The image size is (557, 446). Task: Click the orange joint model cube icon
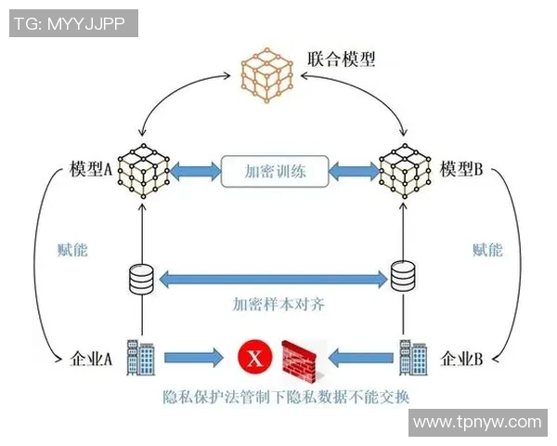coord(268,74)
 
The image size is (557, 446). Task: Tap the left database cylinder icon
coord(141,278)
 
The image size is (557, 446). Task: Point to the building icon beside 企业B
coord(411,355)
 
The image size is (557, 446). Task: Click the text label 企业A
coord(92,359)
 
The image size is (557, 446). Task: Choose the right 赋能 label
coord(487,250)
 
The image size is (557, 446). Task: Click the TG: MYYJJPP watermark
coord(73,23)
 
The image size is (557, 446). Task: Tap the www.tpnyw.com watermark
coord(476,422)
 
